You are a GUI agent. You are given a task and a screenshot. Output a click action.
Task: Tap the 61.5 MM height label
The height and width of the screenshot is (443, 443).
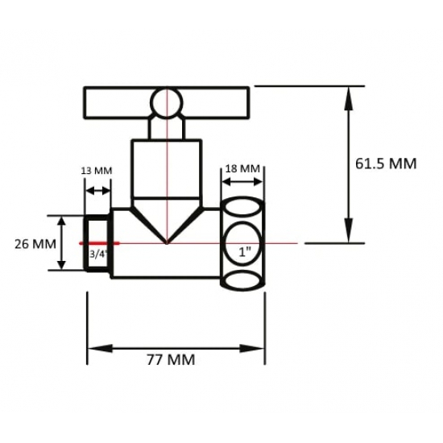coord(386,164)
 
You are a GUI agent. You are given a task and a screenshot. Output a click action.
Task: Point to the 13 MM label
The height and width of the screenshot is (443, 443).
coord(97,171)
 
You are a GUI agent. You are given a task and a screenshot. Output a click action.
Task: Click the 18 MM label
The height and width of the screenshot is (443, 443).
coord(242,169)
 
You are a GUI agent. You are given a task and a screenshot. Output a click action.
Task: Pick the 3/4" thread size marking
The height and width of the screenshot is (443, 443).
coord(97,253)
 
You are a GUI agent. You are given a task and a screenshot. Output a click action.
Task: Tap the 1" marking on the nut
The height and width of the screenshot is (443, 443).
coord(244,251)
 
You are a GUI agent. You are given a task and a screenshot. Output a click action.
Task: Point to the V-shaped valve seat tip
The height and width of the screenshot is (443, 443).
coord(166,239)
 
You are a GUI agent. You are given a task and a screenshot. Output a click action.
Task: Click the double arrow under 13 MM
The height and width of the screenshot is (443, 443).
coord(97,191)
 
